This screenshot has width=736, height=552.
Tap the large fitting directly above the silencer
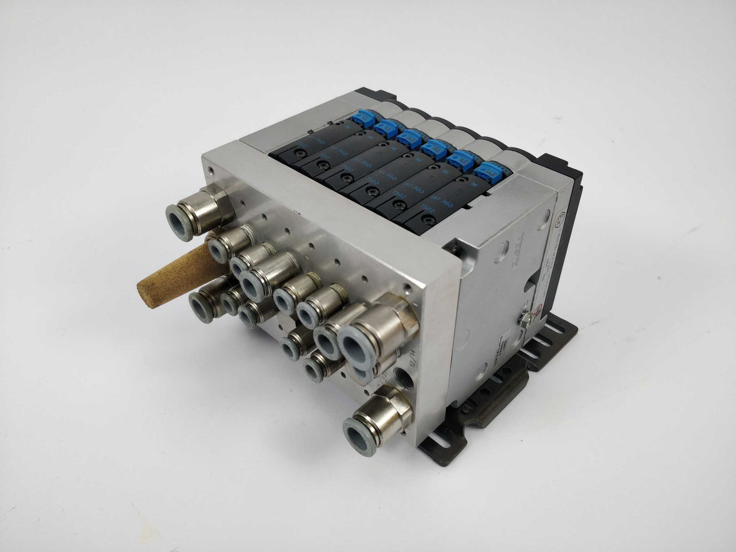click(200, 209)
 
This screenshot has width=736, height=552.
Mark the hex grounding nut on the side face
click(526, 318)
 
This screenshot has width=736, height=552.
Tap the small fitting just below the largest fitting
click(316, 367)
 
